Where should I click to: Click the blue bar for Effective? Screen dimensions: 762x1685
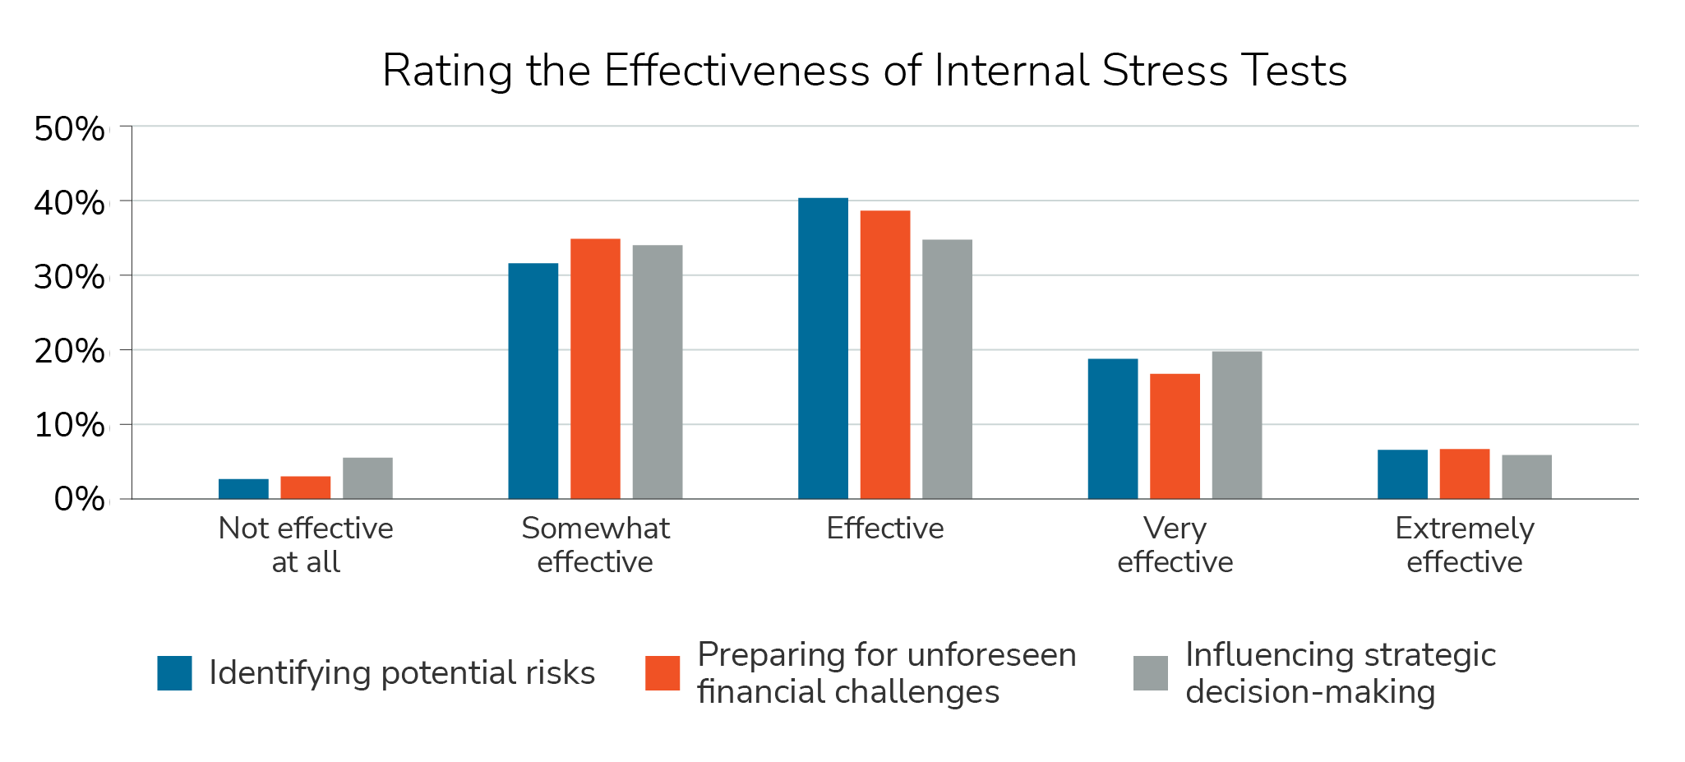[x=823, y=349]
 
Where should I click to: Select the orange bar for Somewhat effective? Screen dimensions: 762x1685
[x=595, y=369]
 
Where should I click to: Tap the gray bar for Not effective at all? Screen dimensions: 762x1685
[x=367, y=478]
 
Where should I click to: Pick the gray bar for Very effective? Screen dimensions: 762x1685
[x=1236, y=425]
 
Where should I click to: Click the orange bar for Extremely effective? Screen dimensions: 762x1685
[x=1464, y=474]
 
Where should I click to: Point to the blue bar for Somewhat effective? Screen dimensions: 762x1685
[x=533, y=381]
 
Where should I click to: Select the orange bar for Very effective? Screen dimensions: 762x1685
[x=1175, y=436]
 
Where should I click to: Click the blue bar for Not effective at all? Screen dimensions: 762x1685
[x=243, y=489]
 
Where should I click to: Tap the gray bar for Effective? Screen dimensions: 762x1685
[x=947, y=369]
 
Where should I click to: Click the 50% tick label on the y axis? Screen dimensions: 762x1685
[x=70, y=129]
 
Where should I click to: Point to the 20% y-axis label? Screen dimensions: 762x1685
[x=70, y=352]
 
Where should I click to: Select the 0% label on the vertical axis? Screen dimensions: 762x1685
[x=80, y=500]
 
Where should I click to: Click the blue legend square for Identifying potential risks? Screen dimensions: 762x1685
[x=174, y=673]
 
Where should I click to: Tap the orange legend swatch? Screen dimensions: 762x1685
[x=662, y=673]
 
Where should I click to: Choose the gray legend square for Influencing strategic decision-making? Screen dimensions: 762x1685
[x=1150, y=673]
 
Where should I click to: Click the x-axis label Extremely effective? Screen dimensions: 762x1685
[x=1464, y=545]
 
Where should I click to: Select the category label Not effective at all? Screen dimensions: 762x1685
[x=306, y=545]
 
